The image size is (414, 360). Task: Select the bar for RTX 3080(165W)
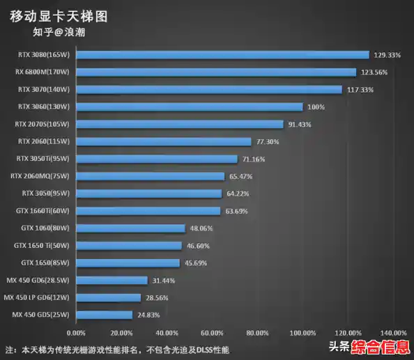(x=222, y=54)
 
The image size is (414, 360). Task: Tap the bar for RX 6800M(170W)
(x=216, y=72)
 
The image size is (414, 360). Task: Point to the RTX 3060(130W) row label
(x=45, y=107)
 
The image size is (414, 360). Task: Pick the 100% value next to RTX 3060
(x=316, y=107)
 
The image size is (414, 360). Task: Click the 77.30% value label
(x=268, y=141)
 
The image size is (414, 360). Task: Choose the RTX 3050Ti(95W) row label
(x=43, y=159)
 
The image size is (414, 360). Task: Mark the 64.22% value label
(x=238, y=194)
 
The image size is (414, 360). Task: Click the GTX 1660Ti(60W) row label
(x=43, y=210)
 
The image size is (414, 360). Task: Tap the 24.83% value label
(x=148, y=315)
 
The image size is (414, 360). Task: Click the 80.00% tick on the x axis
(x=257, y=332)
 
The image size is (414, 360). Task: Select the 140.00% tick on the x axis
(x=394, y=332)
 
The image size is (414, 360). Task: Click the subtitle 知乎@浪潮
(x=59, y=31)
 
